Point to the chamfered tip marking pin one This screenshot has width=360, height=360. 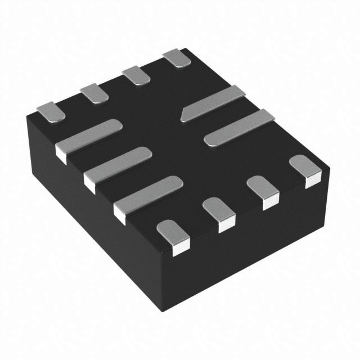coord(184,115)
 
